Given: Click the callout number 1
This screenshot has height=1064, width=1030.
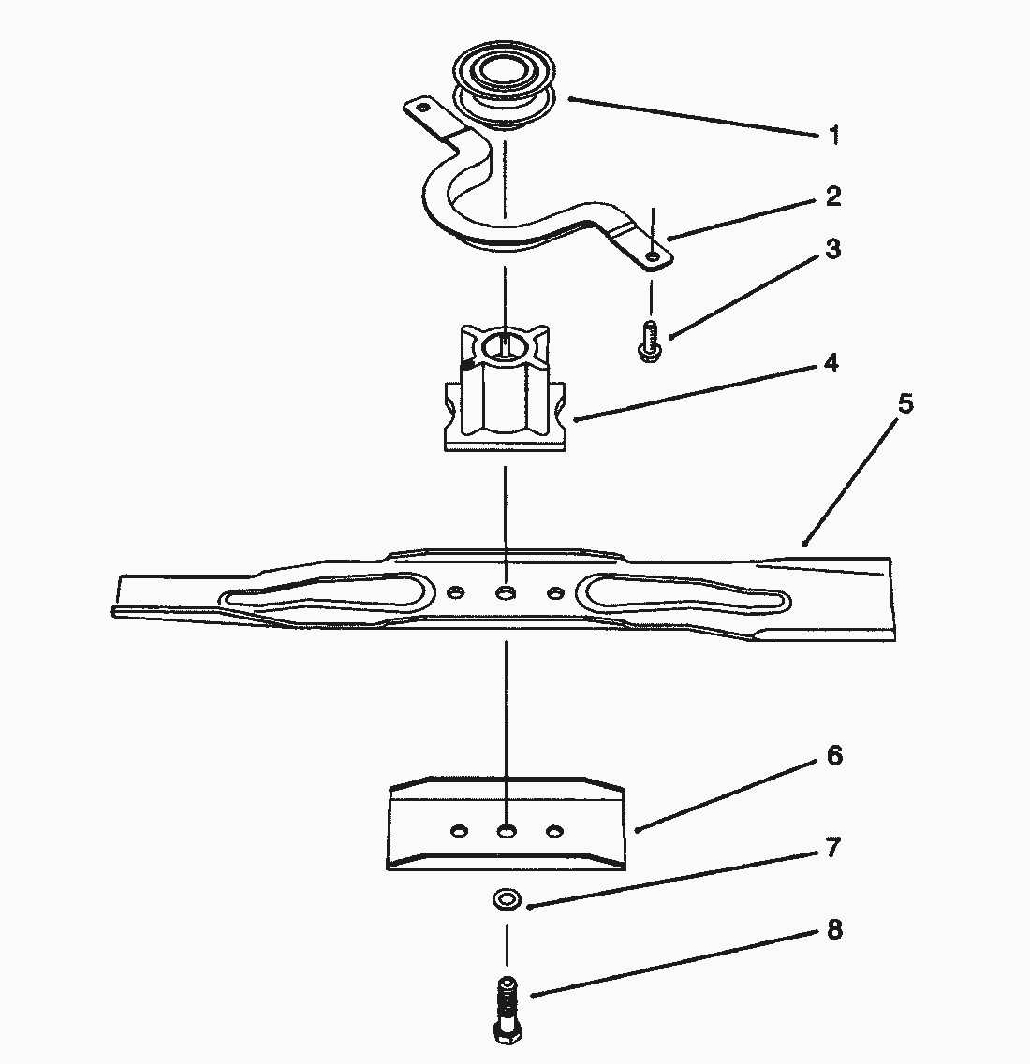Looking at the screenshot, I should pos(833,137).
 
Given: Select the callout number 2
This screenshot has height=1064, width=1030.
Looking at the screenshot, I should pos(832,197).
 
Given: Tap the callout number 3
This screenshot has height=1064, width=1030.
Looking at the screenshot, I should pos(832,250).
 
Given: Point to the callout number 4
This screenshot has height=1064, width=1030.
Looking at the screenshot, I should pos(829,363).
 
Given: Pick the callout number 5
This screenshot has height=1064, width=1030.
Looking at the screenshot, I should pos(905,405).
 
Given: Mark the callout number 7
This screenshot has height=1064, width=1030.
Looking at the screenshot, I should pos(833,849).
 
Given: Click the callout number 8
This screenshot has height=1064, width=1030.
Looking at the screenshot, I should pos(833,930).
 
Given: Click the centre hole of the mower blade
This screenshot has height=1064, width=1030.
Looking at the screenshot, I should pos(506,593).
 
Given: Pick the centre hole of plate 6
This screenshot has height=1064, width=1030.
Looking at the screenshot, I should pos(507,830).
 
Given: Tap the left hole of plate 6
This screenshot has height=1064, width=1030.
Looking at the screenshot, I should pos(460,830).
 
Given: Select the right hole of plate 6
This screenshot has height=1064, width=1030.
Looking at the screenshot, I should pos(555,830).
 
